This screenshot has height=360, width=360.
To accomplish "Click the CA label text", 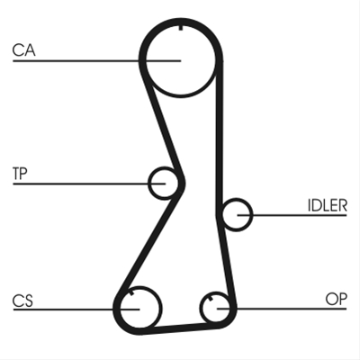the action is coord(24,50).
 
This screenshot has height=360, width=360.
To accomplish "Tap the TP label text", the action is coord(20,174).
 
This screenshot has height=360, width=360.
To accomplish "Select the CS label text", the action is coord(22,301).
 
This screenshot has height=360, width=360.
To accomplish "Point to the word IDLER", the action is coord(328,205).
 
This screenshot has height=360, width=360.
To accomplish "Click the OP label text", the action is coord(337,299).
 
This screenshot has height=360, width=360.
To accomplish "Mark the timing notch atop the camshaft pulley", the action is coord(181,28).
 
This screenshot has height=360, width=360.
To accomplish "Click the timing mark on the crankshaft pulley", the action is coord(131,292).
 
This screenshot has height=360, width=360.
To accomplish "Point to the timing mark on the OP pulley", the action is coord(210,298).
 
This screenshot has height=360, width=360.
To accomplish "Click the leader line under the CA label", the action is coord(96,61).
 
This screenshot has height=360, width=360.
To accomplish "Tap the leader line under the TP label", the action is coord(89,184).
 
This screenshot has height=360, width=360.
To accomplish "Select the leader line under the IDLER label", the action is coord(292,215).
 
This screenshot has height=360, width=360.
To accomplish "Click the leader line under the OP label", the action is coord(282,309).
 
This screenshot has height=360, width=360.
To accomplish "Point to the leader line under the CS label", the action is coord(76,309).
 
